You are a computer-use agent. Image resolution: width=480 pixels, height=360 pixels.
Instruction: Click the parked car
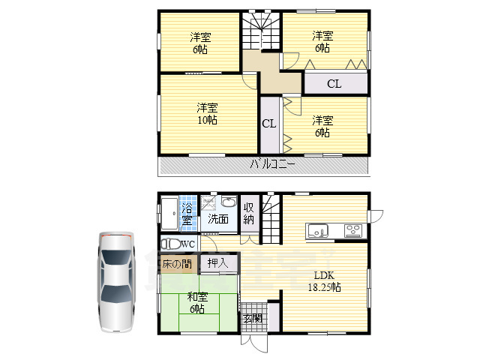pyautogui.click(x=117, y=282)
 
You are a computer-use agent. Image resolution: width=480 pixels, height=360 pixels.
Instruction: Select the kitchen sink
pyautogui.click(x=317, y=230)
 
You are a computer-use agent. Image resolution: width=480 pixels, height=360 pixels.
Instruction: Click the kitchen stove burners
pyautogui.click(x=353, y=230)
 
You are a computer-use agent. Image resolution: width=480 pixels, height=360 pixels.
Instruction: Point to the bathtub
pyautogui.click(x=169, y=214)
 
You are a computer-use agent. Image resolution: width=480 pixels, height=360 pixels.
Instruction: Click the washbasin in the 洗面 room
pyautogui.click(x=228, y=202)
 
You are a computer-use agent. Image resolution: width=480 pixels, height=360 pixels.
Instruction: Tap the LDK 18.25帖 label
pyautogui.click(x=324, y=281)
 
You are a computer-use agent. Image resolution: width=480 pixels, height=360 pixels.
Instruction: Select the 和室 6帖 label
pyautogui.click(x=197, y=302)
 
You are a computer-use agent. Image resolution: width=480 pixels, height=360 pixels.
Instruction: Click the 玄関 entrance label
pyautogui.click(x=253, y=318)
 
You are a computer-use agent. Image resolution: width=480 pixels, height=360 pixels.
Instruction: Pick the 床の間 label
pyautogui.click(x=177, y=263)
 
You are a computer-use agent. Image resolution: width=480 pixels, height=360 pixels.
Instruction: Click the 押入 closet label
pyautogui.click(x=218, y=262)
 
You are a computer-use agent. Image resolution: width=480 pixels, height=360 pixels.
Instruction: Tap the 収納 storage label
pyautogui.click(x=248, y=214)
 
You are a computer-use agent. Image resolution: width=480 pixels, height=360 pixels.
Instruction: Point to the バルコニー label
pyautogui.click(x=273, y=164)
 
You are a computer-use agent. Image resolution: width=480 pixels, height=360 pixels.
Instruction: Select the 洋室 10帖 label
pyautogui.click(x=207, y=113)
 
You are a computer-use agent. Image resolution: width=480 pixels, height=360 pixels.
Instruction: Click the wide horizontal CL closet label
pyautogui.click(x=334, y=83)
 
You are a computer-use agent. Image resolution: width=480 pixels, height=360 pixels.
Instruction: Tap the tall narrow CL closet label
pyautogui.click(x=268, y=123)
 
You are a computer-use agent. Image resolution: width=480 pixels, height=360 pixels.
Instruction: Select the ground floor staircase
pyautogui.click(x=271, y=218)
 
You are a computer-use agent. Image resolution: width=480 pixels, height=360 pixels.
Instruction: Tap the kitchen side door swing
pyautogui.click(x=376, y=216)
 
